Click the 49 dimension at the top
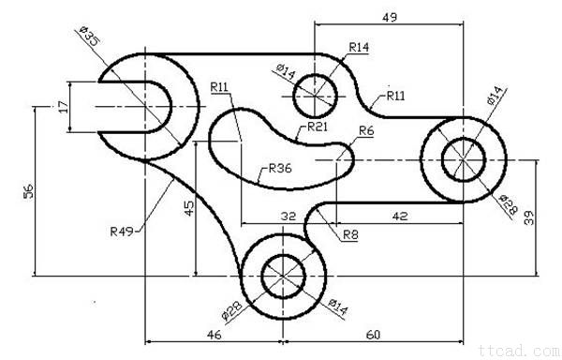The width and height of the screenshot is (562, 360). (390, 17)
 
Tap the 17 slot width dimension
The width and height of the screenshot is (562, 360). (63, 107)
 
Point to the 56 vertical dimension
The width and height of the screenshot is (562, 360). (28, 191)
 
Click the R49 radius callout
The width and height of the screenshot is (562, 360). (122, 232)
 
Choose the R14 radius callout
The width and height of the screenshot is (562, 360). (359, 47)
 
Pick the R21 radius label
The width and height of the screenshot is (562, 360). (318, 127)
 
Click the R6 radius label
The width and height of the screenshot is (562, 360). (366, 131)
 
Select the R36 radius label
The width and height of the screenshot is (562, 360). (280, 168)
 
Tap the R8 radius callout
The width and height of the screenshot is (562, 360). (350, 235)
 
